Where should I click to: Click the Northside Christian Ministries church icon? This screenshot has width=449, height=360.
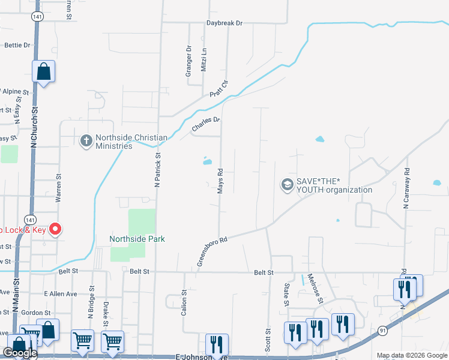tap(86, 140)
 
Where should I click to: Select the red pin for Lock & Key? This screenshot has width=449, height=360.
tap(55, 229)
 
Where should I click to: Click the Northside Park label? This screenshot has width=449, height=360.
tap(137, 239)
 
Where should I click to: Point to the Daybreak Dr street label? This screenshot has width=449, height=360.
tap(224, 23)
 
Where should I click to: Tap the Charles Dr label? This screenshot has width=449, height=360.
tap(206, 125)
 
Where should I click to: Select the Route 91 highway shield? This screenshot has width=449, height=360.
tap(383, 331)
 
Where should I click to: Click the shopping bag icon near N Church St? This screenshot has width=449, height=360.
tap(44, 71)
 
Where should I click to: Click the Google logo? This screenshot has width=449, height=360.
tap(19, 353)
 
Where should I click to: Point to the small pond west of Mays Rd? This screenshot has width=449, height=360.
tap(208, 161)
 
